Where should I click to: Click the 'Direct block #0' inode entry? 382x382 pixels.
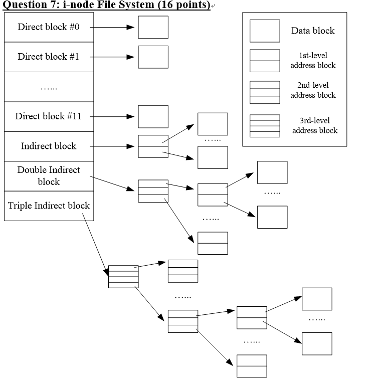coord(49,27)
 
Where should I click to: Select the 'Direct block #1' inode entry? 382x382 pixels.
coord(49,57)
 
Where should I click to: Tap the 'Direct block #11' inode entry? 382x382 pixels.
coord(49,116)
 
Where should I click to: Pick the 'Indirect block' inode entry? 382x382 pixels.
coord(49,146)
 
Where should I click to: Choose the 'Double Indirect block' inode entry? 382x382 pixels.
coord(49,175)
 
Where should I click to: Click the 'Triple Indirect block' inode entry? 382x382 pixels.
coord(49,206)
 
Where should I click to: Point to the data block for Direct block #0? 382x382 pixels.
coord(153,27)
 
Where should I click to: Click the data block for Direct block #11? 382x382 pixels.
coord(153,116)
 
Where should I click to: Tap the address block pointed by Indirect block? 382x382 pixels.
coord(153,146)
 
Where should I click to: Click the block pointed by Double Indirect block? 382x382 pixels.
coord(153,191)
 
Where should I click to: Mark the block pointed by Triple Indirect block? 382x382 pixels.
coord(123,276)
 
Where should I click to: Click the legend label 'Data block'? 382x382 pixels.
coord(313,31)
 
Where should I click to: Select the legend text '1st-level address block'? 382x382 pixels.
coord(313,60)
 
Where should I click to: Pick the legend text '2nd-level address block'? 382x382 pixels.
coord(313,90)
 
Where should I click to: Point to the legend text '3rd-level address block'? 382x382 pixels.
coord(315,125)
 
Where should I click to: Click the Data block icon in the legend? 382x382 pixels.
coord(265,31)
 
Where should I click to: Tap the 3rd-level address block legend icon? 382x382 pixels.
coord(265,126)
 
